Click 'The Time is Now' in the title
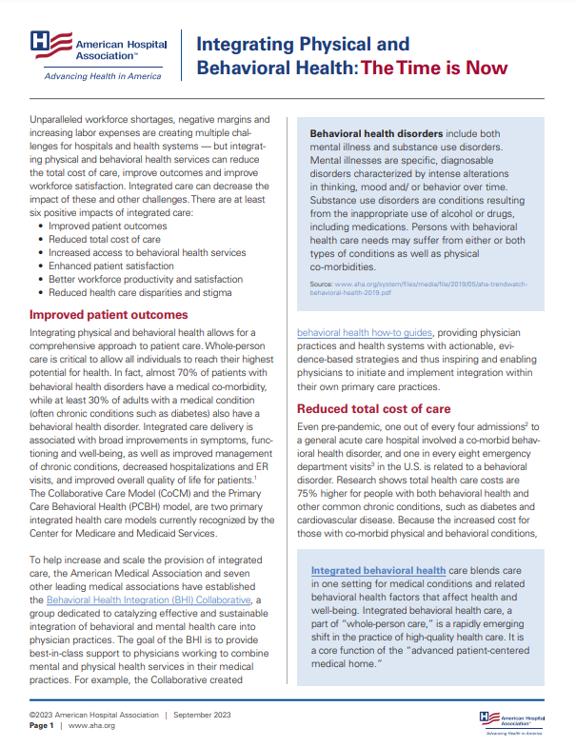tap(433, 69)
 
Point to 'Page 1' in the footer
tap(42, 725)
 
